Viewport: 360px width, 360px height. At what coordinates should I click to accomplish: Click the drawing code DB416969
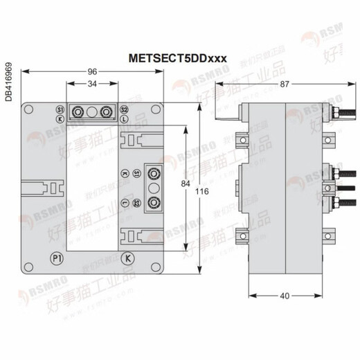(8, 82)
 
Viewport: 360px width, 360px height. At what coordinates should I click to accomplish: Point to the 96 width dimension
(91, 71)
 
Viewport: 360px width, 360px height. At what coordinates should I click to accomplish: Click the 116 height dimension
(201, 190)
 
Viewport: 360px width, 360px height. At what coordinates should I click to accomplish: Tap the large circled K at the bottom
(127, 258)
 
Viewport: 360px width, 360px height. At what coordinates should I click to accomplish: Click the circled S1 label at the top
(60, 111)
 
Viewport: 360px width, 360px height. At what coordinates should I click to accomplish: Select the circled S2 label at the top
(124, 111)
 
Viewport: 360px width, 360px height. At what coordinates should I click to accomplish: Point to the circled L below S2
(124, 119)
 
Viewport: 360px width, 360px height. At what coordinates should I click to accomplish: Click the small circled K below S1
(60, 119)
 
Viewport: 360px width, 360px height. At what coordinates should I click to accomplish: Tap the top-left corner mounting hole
(29, 109)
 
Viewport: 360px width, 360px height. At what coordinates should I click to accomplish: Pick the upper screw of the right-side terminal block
(153, 173)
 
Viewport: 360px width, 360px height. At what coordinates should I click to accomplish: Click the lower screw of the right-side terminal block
(153, 202)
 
